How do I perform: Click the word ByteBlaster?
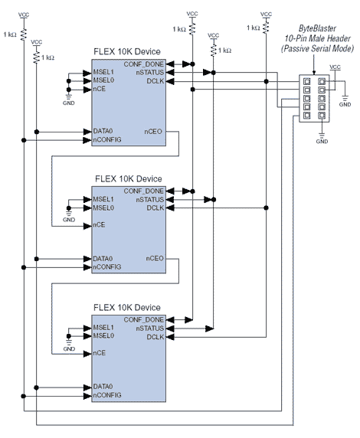click(x=317, y=28)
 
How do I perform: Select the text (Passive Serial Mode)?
click(x=317, y=48)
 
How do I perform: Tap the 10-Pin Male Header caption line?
click(x=318, y=38)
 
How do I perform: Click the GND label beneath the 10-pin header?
click(x=322, y=142)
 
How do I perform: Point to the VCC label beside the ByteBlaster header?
click(x=335, y=67)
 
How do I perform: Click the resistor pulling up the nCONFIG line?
click(x=24, y=34)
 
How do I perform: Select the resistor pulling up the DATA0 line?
click(x=36, y=57)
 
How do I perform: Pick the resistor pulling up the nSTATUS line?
click(x=213, y=51)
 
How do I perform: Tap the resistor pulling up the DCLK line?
click(x=266, y=28)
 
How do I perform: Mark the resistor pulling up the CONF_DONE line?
click(x=192, y=28)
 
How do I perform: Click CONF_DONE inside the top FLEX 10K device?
click(x=144, y=64)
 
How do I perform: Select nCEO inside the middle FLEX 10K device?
click(x=155, y=258)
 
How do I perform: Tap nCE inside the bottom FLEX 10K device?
click(x=100, y=353)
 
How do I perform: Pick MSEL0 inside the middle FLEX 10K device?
click(x=103, y=208)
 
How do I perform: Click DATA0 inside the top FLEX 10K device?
click(x=103, y=131)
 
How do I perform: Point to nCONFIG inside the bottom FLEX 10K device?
click(x=107, y=395)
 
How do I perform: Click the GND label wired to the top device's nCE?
click(x=68, y=103)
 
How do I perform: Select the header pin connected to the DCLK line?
click(x=307, y=82)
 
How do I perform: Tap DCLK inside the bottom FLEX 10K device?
click(x=155, y=337)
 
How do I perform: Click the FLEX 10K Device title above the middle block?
click(x=128, y=178)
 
